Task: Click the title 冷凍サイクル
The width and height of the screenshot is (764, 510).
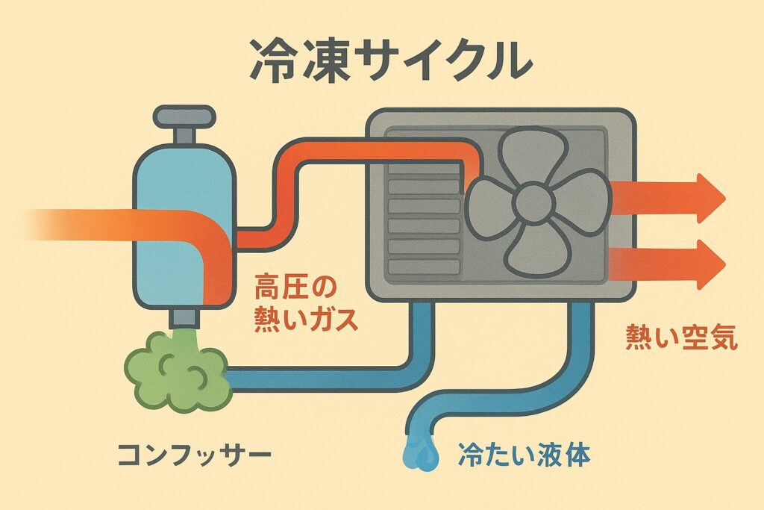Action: (381, 60)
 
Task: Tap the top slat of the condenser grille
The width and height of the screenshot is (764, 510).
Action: (424, 169)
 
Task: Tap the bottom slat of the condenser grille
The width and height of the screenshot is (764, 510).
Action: (424, 265)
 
